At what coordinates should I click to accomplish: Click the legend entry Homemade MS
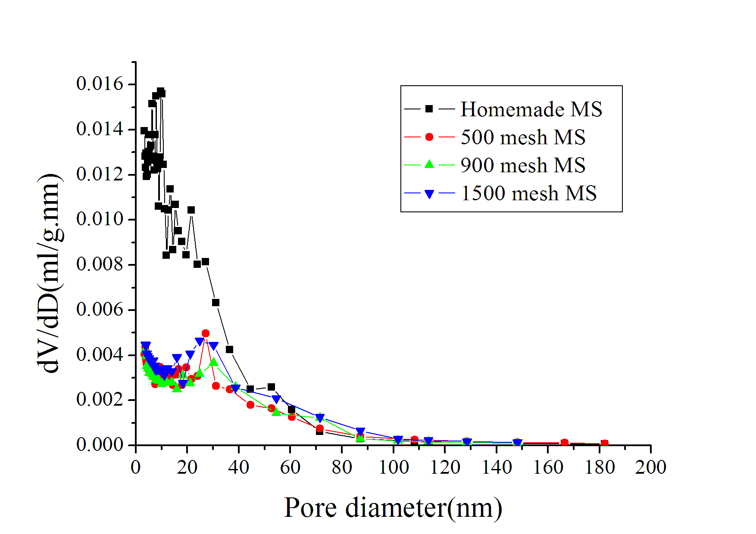point(531,109)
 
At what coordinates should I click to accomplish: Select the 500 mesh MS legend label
point(523,137)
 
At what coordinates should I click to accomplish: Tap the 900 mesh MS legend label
point(523,165)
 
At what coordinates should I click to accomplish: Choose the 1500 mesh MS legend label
point(528,193)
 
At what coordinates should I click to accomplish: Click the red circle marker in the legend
point(429,137)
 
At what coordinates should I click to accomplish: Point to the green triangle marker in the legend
point(429,164)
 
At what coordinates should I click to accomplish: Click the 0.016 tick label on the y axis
point(100,84)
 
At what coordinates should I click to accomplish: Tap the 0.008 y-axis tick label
point(100,264)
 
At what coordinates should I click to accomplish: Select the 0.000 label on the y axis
point(100,444)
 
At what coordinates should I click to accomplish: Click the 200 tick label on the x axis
point(650,467)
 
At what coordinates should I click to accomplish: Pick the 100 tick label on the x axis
point(393,467)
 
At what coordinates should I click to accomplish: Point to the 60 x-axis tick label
point(290,467)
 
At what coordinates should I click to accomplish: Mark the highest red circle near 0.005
point(206,333)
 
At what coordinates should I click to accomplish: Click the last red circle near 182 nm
point(604,444)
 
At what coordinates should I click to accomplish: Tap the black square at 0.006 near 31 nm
point(216,303)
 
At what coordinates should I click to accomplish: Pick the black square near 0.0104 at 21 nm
point(191,210)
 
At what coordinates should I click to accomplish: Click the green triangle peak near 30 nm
point(214,362)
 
